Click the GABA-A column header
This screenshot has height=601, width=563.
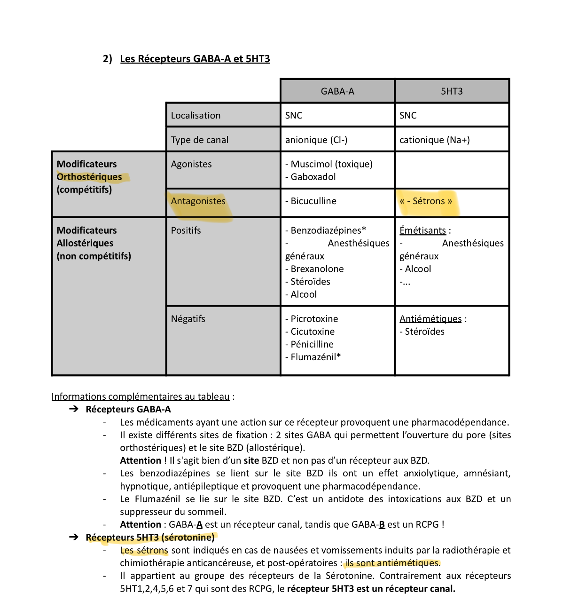(x=337, y=91)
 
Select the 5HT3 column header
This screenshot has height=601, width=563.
(x=452, y=91)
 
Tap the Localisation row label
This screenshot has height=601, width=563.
(x=195, y=116)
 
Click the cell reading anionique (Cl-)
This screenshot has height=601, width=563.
(x=316, y=140)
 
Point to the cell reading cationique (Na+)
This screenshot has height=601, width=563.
(x=434, y=140)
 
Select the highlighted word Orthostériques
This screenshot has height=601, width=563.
(x=89, y=177)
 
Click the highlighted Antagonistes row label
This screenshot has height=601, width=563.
(x=198, y=201)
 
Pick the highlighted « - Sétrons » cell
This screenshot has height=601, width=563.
(x=426, y=201)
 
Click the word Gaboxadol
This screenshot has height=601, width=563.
(x=313, y=177)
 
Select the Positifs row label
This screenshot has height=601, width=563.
(x=186, y=230)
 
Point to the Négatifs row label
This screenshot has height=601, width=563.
(x=188, y=319)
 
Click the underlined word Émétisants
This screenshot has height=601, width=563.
(x=422, y=230)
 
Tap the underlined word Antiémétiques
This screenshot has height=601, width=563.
(x=430, y=319)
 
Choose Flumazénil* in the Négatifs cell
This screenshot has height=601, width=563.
(x=315, y=357)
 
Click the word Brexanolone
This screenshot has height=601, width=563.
(x=317, y=269)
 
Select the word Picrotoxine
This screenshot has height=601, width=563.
(x=314, y=319)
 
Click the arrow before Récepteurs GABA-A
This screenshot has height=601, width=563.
(x=74, y=409)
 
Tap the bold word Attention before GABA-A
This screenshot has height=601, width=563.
(x=141, y=524)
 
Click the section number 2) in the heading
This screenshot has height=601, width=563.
(x=108, y=59)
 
